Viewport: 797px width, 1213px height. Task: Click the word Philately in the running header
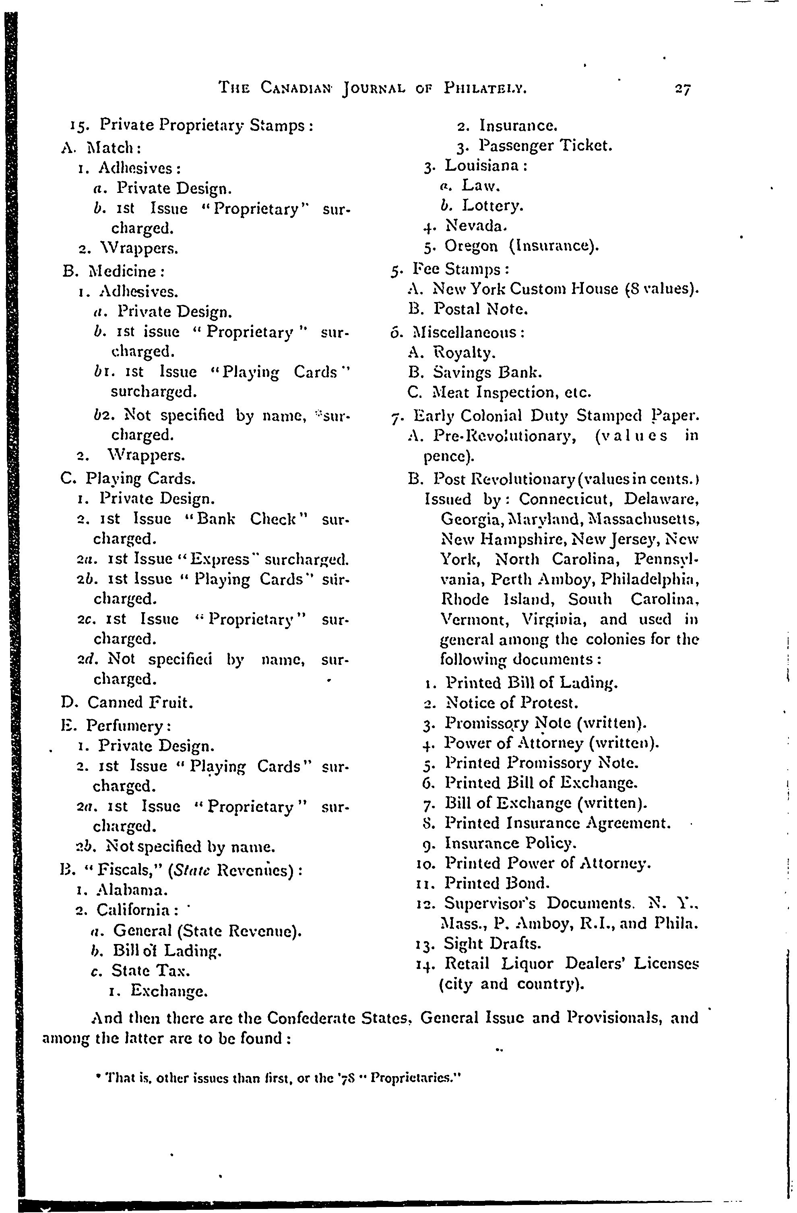pyautogui.click(x=485, y=89)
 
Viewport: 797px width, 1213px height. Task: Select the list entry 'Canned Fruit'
pyautogui.click(x=140, y=702)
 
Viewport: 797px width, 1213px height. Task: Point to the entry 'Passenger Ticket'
pyautogui.click(x=545, y=146)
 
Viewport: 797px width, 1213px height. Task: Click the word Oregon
pyautogui.click(x=471, y=246)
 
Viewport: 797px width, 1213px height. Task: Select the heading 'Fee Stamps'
pyautogui.click(x=460, y=269)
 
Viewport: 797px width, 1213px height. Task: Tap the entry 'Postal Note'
pyautogui.click(x=481, y=309)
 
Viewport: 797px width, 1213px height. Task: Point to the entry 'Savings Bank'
pyautogui.click(x=487, y=373)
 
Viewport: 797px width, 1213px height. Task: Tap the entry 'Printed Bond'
pyautogui.click(x=497, y=883)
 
